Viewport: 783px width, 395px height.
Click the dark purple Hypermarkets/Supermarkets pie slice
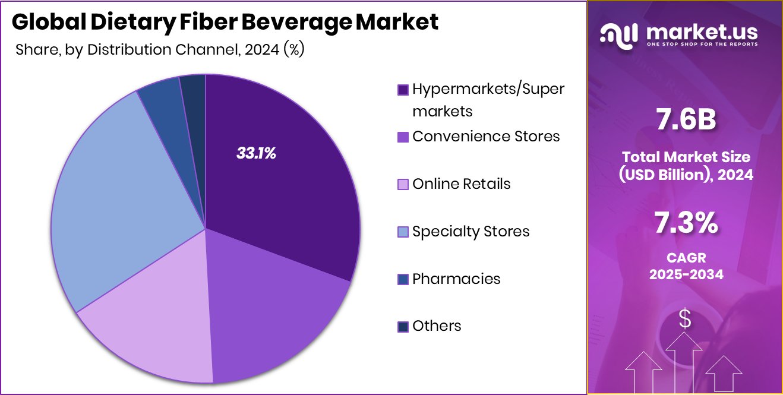[279, 178]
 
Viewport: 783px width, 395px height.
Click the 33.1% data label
[256, 153]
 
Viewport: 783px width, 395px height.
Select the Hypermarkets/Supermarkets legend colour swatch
[403, 90]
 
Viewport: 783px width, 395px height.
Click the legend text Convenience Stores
[486, 136]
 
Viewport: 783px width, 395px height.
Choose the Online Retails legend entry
[461, 184]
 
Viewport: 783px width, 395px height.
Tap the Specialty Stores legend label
[471, 231]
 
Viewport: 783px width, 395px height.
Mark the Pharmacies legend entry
[456, 279]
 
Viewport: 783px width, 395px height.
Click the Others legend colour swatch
[403, 326]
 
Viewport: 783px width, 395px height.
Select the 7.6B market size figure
[685, 119]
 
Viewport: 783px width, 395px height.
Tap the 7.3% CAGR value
[685, 225]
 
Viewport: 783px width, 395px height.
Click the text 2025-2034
[686, 274]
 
